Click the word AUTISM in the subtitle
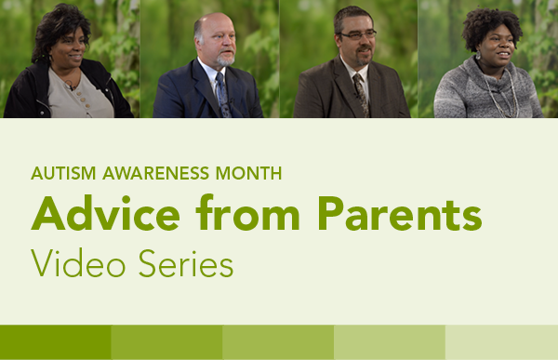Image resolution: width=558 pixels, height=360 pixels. pos(60,173)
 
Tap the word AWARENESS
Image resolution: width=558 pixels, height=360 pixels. pos(152,173)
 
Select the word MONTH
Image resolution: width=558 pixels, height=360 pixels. pos(248,173)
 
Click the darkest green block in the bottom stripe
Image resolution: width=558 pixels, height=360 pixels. pos(56,342)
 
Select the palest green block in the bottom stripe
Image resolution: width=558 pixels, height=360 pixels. pos(502,342)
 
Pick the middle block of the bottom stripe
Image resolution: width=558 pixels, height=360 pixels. pos(279,342)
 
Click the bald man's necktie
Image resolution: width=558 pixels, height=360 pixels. pos(221,92)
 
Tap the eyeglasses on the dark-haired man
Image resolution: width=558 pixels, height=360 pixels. pos(356,35)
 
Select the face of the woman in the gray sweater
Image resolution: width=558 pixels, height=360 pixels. pos(489,42)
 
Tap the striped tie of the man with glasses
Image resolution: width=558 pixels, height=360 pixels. pos(361,93)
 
